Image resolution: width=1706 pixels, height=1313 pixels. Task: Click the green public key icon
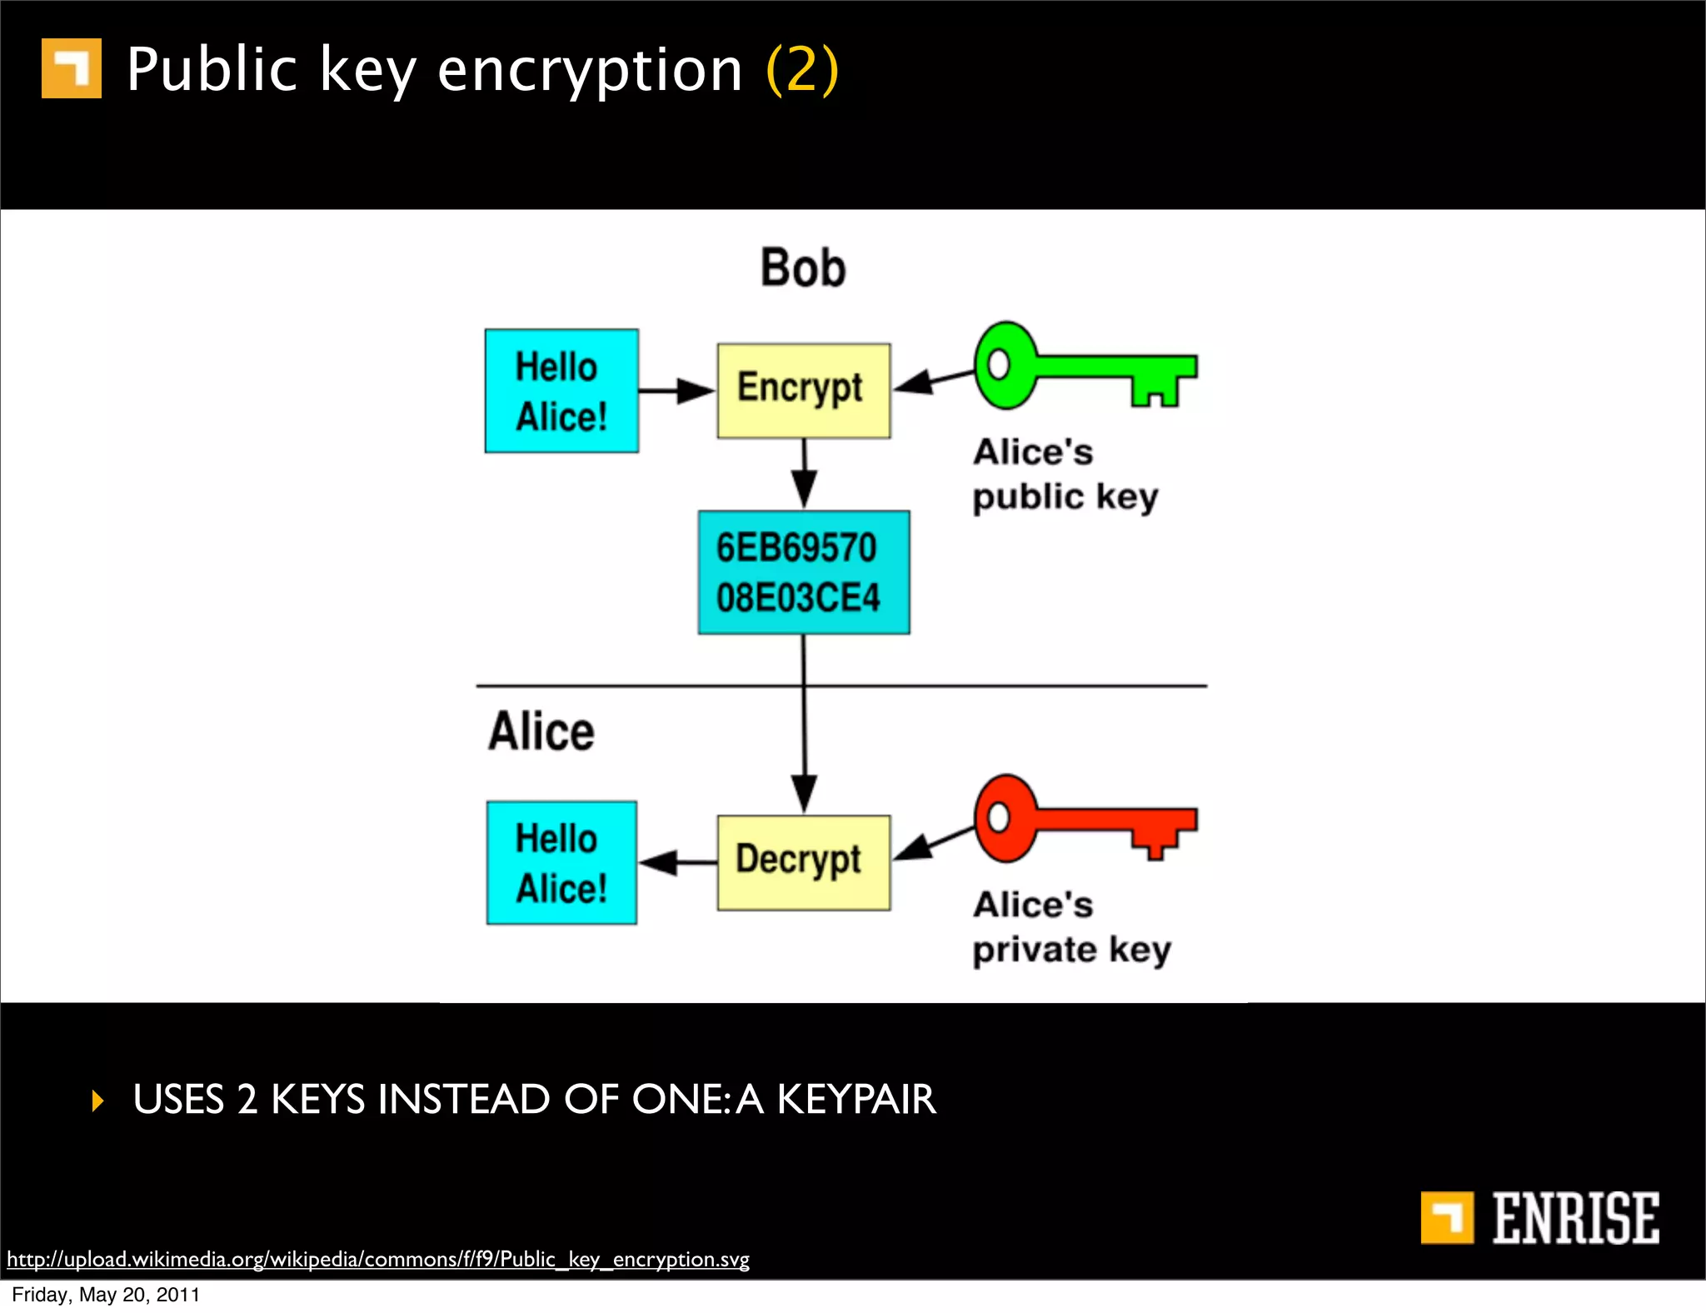[1083, 367]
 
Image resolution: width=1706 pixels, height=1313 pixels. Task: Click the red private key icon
[1083, 819]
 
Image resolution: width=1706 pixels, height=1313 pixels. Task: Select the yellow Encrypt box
[803, 390]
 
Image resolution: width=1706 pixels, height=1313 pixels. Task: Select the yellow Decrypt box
[803, 861]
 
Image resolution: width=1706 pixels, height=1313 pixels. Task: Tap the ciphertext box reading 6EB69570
[803, 572]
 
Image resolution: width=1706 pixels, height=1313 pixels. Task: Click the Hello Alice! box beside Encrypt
[561, 391]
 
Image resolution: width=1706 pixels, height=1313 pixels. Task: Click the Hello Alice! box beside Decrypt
[561, 862]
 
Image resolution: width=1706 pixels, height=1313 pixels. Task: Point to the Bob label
[803, 268]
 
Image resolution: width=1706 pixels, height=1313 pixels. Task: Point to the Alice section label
[541, 731]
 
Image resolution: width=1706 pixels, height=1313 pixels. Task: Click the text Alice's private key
[1071, 927]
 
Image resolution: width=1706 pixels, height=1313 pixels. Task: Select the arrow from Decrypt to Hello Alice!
[676, 862]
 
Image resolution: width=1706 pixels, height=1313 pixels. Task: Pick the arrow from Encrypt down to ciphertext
[804, 472]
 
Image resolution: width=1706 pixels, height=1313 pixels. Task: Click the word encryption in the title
[590, 70]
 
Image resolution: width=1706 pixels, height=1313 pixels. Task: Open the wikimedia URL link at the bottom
[378, 1258]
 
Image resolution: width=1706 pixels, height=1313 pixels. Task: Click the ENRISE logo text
[1574, 1218]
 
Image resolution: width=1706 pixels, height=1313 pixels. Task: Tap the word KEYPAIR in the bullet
[856, 1100]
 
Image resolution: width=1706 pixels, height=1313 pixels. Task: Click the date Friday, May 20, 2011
[106, 1295]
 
